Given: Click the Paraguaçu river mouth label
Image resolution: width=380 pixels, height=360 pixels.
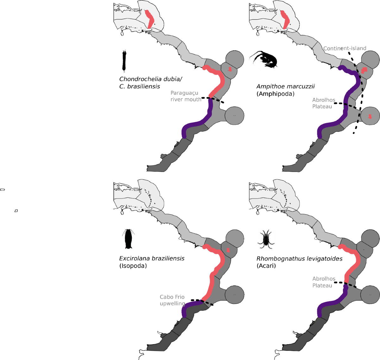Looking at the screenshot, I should [x=186, y=96].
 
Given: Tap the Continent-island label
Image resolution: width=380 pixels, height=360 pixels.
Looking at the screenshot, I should [x=345, y=48].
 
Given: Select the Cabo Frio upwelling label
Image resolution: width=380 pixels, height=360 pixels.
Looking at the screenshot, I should [x=172, y=300].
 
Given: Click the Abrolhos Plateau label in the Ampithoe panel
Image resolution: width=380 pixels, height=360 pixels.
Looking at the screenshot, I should [x=324, y=103].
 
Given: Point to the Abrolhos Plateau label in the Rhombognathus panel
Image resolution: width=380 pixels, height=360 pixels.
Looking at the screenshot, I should [x=324, y=282].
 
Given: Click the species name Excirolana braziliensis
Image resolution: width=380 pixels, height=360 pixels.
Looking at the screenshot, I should [x=152, y=258].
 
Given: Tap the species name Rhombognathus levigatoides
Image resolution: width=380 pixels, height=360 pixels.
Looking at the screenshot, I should [x=299, y=259].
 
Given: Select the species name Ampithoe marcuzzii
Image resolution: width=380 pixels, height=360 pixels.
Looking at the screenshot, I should [x=286, y=86].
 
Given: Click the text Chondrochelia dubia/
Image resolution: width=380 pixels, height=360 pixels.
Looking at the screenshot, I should [x=151, y=79].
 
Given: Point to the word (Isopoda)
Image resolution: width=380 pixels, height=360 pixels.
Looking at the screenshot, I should [x=133, y=266].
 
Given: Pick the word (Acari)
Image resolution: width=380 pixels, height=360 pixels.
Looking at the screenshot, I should [x=266, y=266].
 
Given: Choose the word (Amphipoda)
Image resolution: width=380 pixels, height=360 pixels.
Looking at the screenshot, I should [x=275, y=94].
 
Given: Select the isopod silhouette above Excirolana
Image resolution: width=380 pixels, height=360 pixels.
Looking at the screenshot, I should [x=128, y=239].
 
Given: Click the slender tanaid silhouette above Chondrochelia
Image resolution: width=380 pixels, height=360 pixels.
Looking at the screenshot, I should [x=124, y=60].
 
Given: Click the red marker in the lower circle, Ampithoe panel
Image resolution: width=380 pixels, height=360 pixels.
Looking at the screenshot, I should [x=370, y=117].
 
